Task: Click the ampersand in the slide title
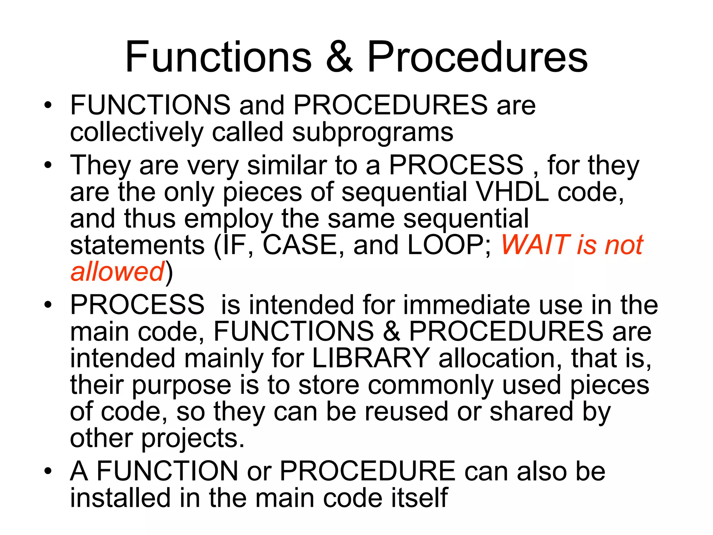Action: click(339, 57)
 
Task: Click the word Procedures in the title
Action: click(477, 57)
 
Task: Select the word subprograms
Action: click(373, 133)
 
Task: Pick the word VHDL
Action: click(512, 192)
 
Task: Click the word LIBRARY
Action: click(371, 358)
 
